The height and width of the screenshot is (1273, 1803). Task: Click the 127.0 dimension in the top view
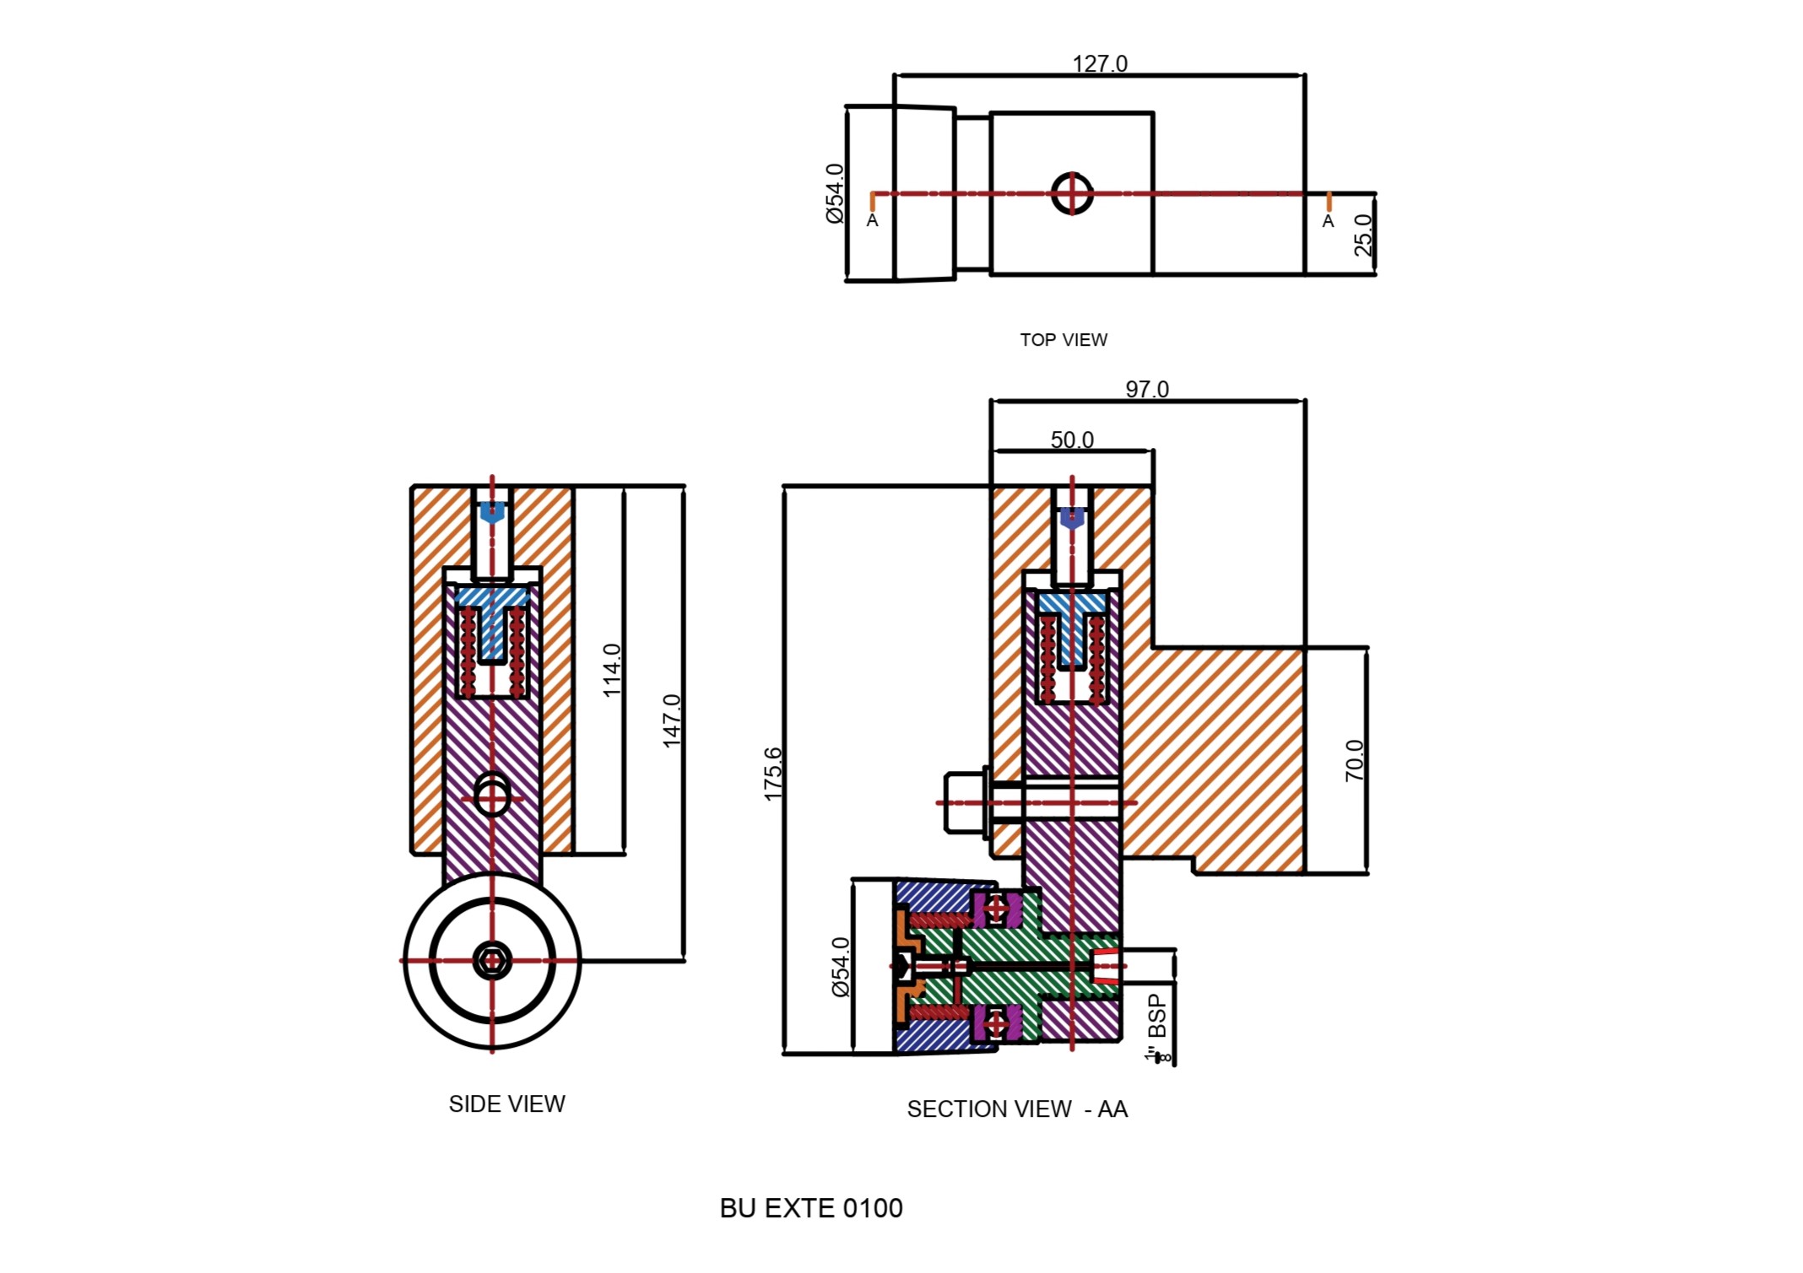point(1099,64)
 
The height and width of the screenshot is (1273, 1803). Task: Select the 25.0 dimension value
point(1363,235)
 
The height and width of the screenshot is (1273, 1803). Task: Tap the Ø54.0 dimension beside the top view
point(834,193)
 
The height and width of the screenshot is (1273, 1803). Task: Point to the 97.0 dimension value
point(1147,389)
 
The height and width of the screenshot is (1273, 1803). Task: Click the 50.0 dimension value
point(1072,440)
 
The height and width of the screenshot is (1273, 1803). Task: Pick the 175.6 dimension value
point(772,774)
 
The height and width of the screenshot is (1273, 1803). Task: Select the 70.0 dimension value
point(1354,760)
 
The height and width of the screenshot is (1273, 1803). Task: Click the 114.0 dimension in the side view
point(612,671)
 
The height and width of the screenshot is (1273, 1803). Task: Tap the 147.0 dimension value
point(671,721)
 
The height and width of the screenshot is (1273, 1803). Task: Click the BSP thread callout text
point(1157,1028)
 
